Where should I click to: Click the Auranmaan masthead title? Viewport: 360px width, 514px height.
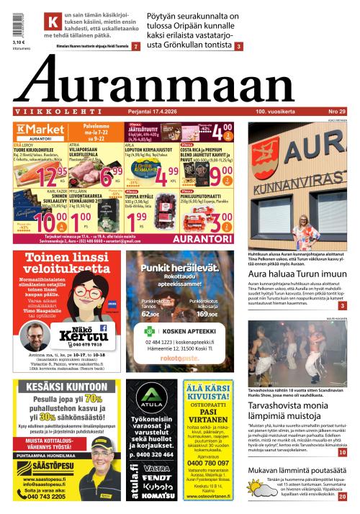point(180,81)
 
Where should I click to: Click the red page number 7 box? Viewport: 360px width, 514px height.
point(135,47)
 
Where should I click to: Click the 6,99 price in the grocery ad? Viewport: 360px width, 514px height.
point(110,173)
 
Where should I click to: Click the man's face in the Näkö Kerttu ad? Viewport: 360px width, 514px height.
point(34,335)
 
